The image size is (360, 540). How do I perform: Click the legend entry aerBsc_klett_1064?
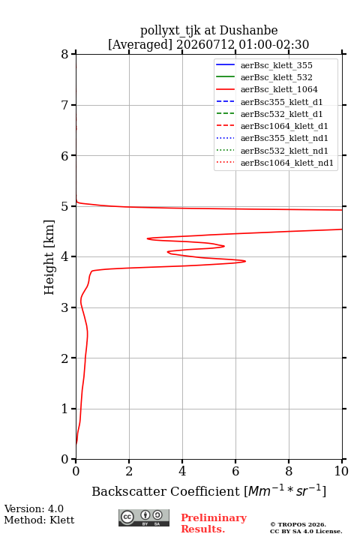point(267,89)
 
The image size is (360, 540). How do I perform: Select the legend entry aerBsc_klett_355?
point(264,65)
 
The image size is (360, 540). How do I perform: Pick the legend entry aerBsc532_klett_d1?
point(269,114)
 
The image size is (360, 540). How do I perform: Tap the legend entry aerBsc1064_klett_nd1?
point(275,163)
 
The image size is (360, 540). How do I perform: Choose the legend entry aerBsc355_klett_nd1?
point(272,139)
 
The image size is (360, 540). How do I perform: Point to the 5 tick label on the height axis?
point(64,206)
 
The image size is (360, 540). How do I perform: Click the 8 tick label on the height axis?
point(64,54)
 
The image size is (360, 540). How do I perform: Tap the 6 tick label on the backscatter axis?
point(235,471)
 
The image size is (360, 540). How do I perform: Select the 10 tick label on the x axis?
point(341,471)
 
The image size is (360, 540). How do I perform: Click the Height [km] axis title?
point(49,257)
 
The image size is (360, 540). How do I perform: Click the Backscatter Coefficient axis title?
point(208,490)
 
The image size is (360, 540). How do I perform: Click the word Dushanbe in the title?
point(248,31)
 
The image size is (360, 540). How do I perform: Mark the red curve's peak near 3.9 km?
point(245,261)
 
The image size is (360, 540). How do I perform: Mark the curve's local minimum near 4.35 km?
point(148,238)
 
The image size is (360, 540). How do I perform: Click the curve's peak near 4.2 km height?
point(224,246)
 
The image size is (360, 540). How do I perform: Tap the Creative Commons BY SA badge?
point(144,517)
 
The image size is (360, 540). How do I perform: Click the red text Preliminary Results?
point(214,523)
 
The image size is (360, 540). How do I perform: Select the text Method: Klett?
point(39,520)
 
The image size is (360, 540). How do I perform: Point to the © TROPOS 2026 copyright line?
point(298,524)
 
